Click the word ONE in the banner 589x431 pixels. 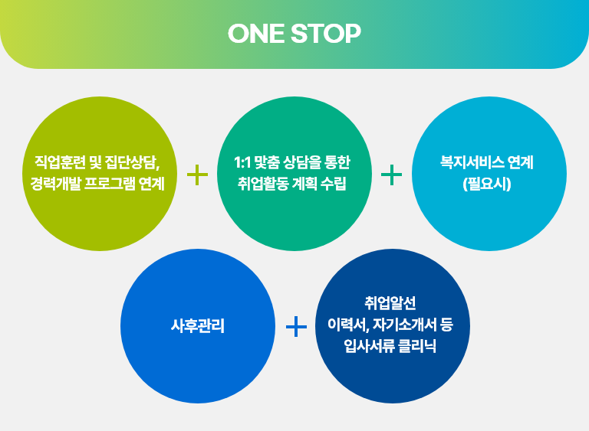(256, 34)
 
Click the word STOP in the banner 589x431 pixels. (326, 34)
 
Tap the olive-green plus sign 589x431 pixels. (197, 175)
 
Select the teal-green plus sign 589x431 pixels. (391, 175)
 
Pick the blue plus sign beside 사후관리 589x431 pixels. (296, 326)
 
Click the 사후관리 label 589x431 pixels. (198, 325)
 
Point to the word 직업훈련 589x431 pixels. (60, 162)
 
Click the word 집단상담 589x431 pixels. (133, 162)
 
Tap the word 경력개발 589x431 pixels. (55, 184)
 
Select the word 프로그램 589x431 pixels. (110, 184)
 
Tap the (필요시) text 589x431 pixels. (487, 184)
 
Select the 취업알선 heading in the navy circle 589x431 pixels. (390, 303)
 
